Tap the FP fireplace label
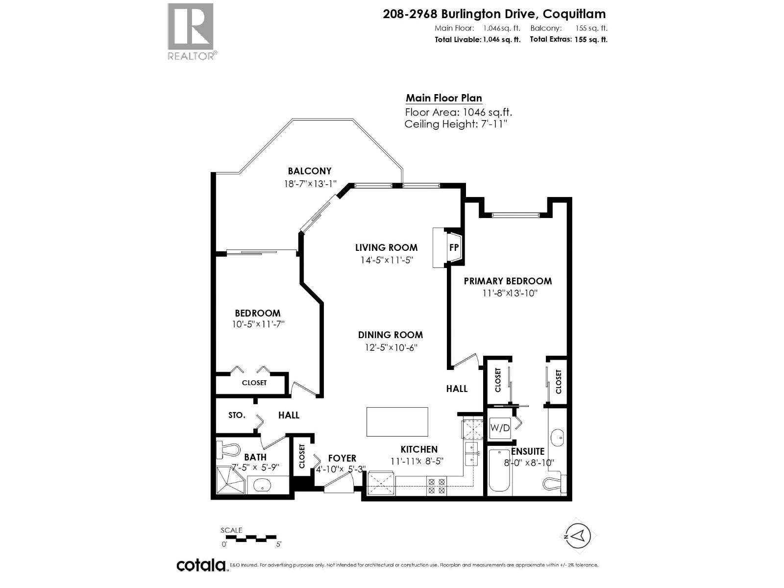pos(454,247)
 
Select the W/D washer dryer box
pos(500,428)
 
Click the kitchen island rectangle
pos(397,421)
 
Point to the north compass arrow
pos(578,536)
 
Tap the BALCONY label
pos(309,171)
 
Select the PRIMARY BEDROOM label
pos(508,281)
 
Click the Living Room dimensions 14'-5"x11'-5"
pos(387,260)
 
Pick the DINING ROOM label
pos(390,335)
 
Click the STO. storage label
pos(237,415)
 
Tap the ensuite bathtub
pos(500,470)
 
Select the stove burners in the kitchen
pos(436,486)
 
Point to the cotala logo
pos(201,565)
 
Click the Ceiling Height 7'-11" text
pos(455,124)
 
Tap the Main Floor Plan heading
pos(443,98)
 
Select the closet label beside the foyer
pos(302,456)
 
